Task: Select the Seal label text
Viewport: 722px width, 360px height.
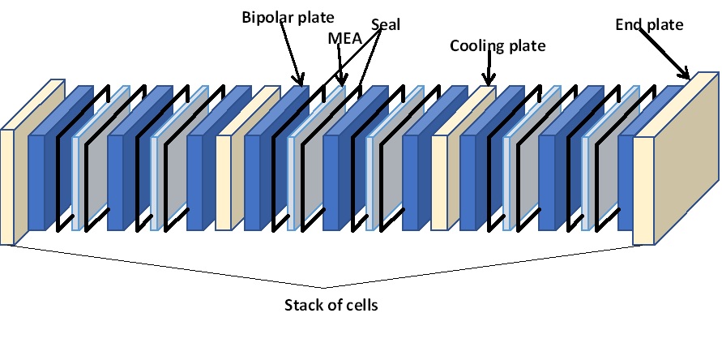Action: [x=386, y=24]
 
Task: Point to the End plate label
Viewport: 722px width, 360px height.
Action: [x=649, y=25]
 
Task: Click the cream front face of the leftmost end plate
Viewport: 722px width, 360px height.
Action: [x=7, y=186]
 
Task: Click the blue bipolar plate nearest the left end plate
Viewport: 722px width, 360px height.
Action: [x=36, y=182]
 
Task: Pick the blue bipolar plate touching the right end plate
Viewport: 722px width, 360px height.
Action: [x=625, y=178]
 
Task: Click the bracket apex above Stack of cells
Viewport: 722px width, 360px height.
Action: [x=326, y=287]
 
